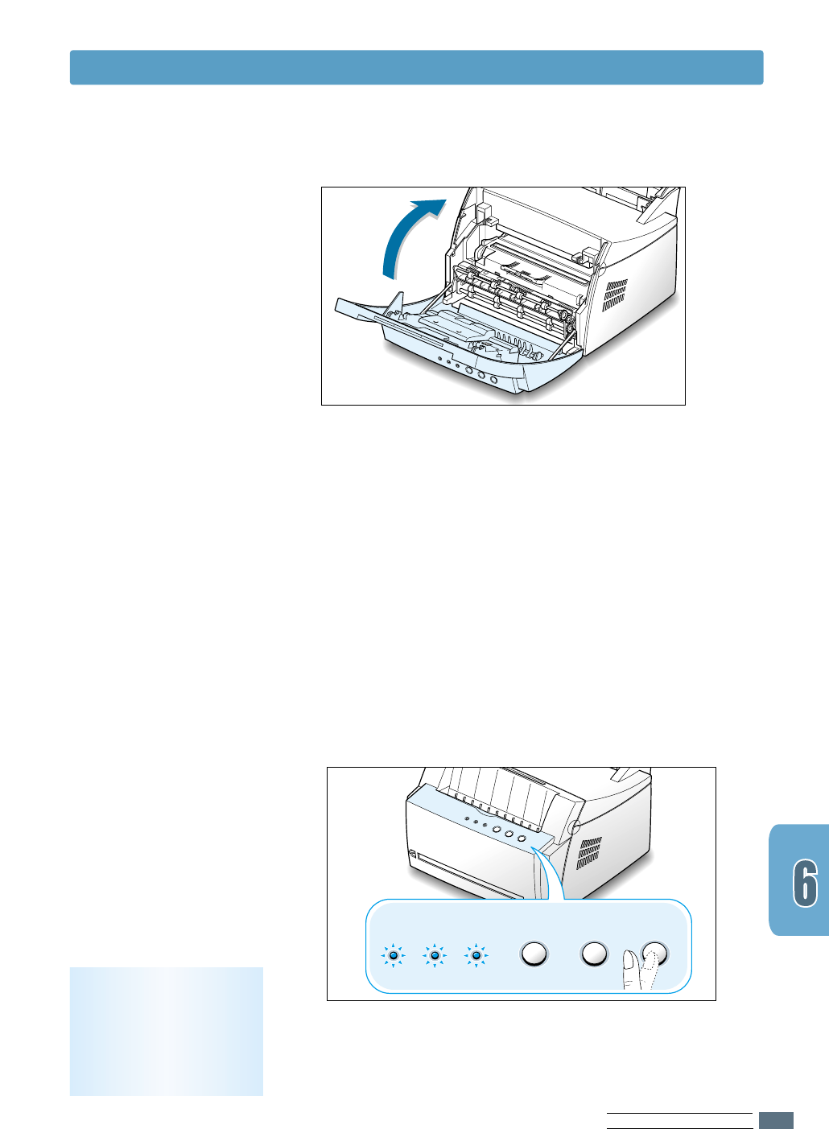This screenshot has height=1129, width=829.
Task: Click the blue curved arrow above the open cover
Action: pos(406,238)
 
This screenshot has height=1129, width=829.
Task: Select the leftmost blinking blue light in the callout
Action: pos(393,955)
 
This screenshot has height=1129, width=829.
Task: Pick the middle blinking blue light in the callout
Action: pos(435,955)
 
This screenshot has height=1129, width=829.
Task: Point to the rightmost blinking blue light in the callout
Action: pos(476,955)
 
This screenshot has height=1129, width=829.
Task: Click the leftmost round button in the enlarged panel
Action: pos(534,954)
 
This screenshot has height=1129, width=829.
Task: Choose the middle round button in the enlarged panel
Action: pos(594,954)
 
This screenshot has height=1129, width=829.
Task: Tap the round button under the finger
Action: pos(654,952)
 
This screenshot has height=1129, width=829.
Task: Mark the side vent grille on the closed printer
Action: pos(591,854)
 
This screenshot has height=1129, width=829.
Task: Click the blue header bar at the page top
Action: pos(416,68)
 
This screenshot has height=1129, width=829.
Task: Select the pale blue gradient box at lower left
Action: pos(167,1031)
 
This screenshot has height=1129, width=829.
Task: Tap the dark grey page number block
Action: pos(776,1120)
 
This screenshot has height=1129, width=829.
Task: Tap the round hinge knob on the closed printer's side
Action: pos(574,828)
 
